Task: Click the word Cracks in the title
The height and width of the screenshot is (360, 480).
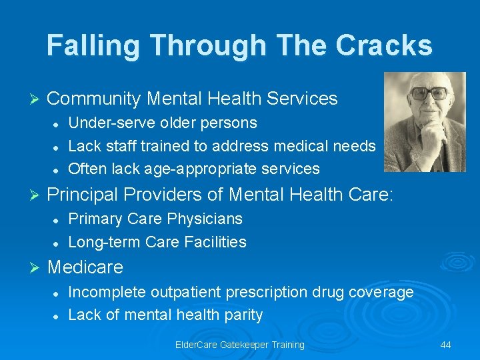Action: click(384, 45)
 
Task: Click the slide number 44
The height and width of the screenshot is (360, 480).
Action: click(446, 345)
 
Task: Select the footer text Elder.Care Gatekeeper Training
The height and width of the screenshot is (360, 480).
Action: click(239, 345)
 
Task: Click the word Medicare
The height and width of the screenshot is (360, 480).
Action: click(85, 267)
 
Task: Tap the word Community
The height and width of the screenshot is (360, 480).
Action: click(94, 99)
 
